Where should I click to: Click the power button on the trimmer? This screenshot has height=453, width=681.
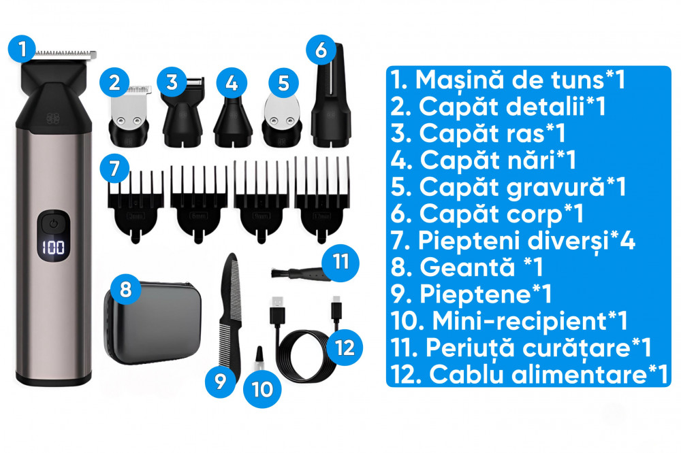pyautogui.click(x=53, y=224)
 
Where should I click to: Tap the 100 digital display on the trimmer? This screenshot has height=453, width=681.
pyautogui.click(x=53, y=248)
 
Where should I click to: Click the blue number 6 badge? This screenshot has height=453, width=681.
pyautogui.click(x=321, y=50)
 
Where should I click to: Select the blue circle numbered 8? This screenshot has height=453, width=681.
pyautogui.click(x=125, y=289)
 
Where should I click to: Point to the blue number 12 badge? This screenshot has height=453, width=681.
pyautogui.click(x=345, y=347)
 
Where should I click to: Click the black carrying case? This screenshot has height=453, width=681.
pyautogui.click(x=153, y=323)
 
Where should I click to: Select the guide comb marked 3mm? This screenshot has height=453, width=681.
pyautogui.click(x=136, y=205)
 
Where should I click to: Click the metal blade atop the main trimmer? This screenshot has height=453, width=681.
pyautogui.click(x=65, y=54)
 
